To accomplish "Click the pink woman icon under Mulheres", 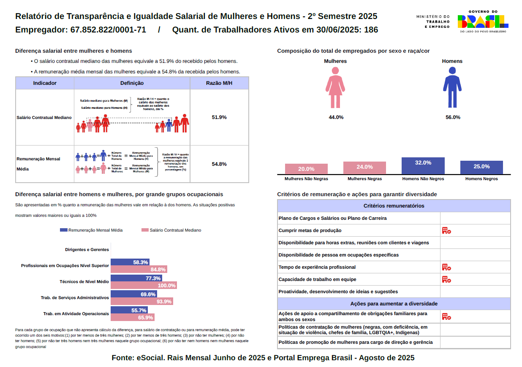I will click(335, 87).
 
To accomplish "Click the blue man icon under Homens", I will click(452, 87).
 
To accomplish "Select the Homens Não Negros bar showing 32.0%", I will click(423, 166).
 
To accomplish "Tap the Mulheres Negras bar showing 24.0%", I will click(364, 167).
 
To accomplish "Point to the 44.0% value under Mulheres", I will click(336, 117).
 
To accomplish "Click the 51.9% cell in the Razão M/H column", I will click(219, 117).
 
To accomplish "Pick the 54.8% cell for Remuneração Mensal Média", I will click(219, 164).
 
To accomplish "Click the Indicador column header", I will click(45, 83).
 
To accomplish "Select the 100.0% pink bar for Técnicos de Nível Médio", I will click(144, 286).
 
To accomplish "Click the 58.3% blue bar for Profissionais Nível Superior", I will click(130, 262).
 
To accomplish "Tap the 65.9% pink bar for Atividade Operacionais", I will click(132, 318).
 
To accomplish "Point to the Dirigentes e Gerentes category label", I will click(87, 250).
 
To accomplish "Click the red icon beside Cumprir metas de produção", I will click(446, 231).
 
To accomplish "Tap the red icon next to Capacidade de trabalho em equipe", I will click(446, 279).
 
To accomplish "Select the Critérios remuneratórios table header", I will click(394, 206).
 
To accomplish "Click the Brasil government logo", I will click(483, 22).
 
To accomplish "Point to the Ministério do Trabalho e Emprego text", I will click(433, 22).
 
